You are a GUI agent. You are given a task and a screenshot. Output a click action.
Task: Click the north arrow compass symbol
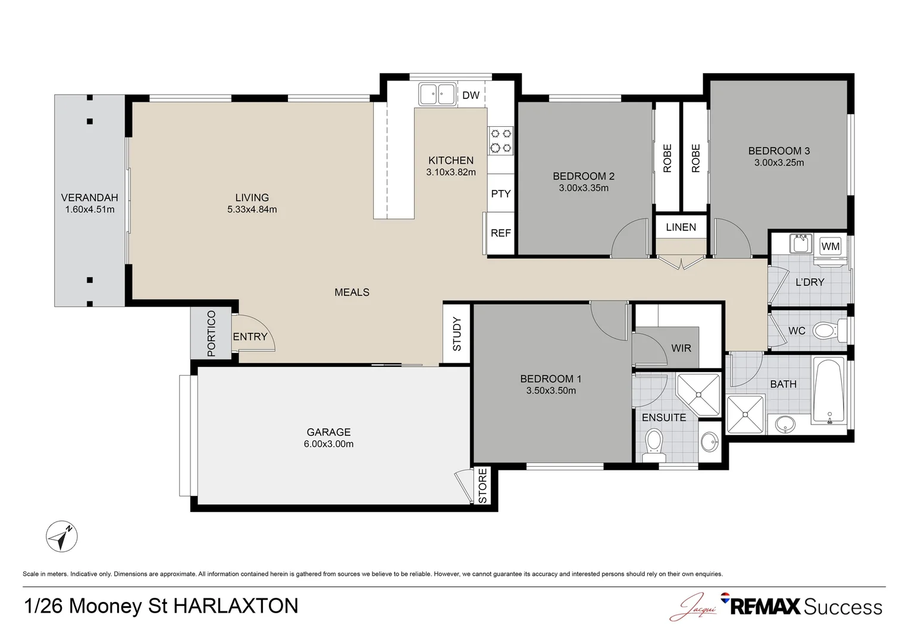pos(62,536)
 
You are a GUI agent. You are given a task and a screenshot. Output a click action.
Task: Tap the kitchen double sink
pos(437,94)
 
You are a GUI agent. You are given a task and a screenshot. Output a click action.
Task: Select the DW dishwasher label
pos(471,95)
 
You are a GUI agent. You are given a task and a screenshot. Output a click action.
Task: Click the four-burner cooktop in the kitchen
pos(501,141)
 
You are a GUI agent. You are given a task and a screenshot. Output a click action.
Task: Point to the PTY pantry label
pos(501,193)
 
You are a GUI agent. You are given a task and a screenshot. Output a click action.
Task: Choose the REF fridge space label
pos(501,233)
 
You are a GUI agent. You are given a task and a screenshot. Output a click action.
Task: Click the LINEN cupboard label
pos(681,227)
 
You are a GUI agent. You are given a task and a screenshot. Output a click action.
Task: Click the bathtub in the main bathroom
pos(829,391)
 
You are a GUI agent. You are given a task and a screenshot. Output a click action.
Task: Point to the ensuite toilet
pos(654,445)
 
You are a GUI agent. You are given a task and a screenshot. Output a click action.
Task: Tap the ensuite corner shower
pos(698,394)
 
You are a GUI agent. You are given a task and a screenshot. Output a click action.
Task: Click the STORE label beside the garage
pos(482,486)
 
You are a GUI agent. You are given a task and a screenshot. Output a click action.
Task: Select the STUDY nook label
pos(457,334)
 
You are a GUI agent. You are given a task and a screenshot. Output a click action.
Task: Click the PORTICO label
pos(211,333)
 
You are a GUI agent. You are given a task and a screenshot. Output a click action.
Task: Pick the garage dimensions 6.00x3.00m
pos(329,444)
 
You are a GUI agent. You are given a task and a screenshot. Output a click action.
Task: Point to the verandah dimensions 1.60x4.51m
pos(90,210)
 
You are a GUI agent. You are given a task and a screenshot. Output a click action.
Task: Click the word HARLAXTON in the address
pos(236,606)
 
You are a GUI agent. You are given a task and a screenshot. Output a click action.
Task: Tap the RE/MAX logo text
pos(765,607)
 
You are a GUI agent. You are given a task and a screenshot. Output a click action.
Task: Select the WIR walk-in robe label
pos(681,348)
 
